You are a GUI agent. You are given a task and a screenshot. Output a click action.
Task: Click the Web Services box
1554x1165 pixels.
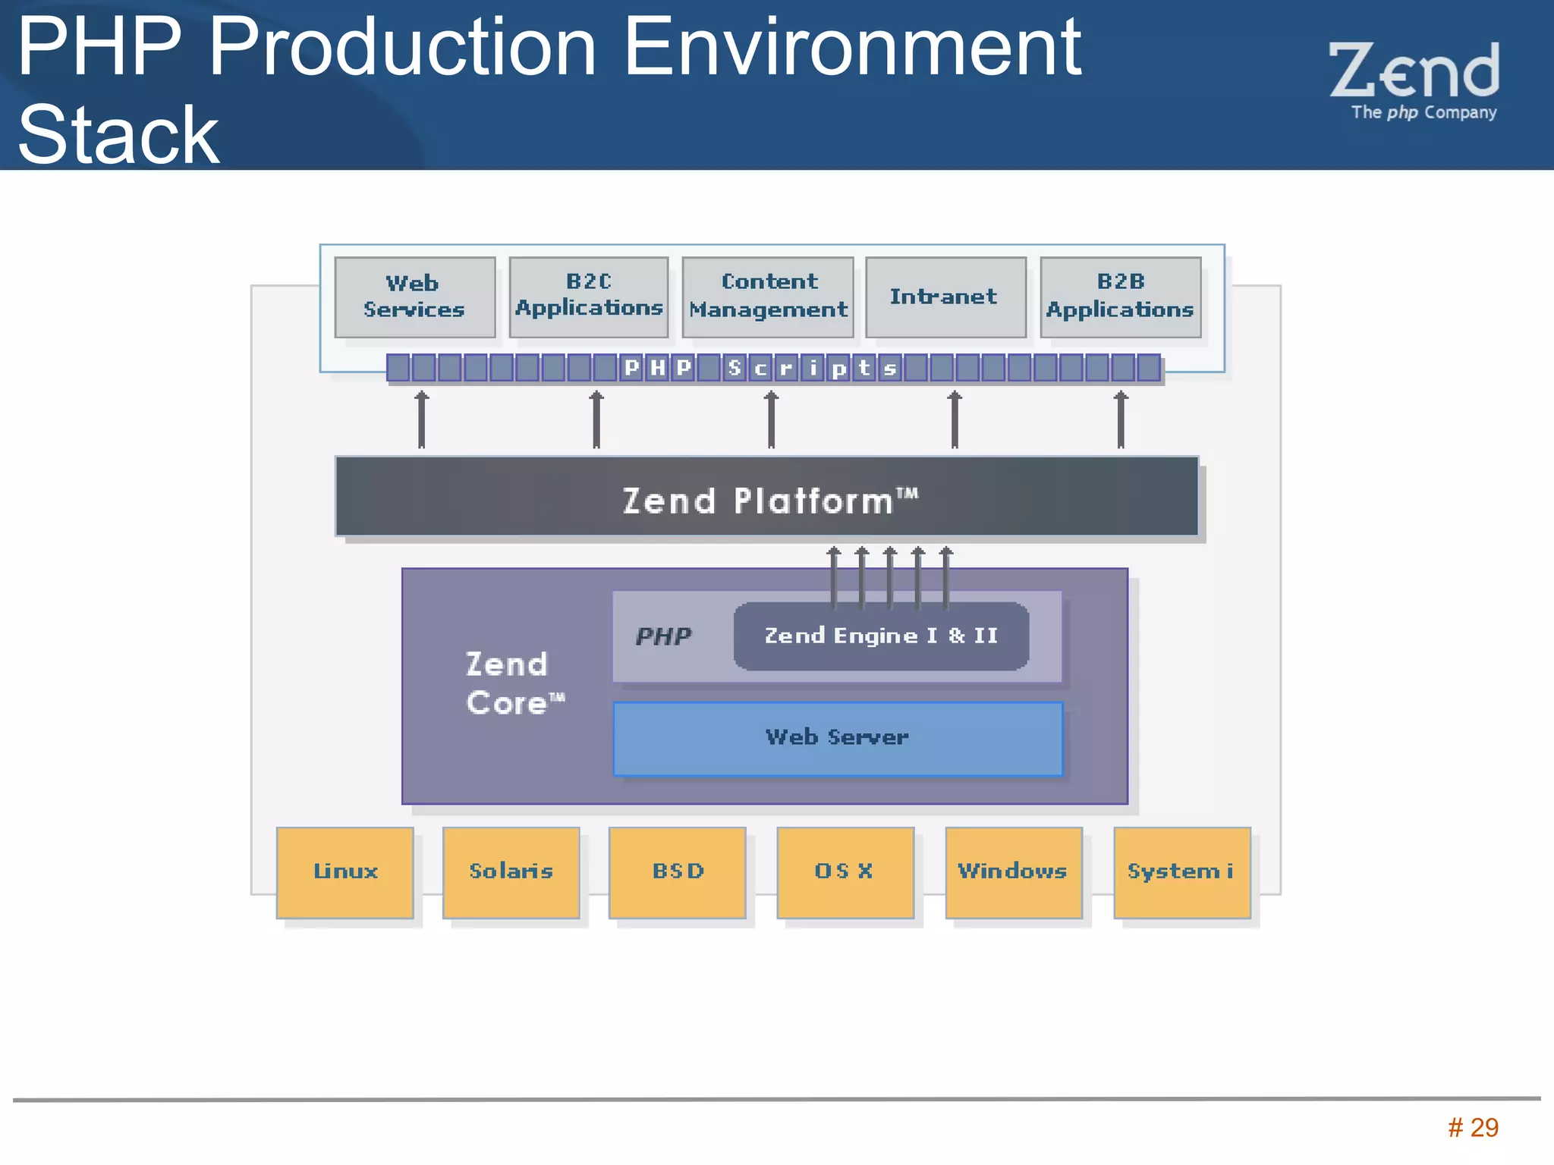414,297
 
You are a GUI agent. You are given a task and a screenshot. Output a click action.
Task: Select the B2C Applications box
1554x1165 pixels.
589,297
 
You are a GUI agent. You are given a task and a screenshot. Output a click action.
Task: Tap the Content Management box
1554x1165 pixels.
768,297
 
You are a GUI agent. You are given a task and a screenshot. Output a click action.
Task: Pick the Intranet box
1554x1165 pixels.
945,297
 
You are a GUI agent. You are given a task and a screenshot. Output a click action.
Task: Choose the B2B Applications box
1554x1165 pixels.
1120,297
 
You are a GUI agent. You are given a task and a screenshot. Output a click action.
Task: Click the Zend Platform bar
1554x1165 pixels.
766,498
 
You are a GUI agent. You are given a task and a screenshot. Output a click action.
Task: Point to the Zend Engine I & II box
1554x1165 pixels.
881,636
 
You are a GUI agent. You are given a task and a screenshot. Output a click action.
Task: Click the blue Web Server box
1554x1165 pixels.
838,738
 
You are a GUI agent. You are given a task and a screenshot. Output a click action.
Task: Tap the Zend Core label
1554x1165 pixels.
513,683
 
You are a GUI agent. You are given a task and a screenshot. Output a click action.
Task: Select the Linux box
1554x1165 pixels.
345,872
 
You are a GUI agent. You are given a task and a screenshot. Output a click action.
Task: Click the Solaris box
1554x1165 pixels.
511,872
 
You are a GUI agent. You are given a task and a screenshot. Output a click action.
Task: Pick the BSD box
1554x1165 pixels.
678,872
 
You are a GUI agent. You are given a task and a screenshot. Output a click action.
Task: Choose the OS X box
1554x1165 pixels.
845,872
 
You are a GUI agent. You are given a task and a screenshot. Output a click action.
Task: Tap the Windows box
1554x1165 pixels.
1014,872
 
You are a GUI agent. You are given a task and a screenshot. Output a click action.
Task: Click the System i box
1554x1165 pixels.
1181,872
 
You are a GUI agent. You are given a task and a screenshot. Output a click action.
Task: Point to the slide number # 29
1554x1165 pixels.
1473,1128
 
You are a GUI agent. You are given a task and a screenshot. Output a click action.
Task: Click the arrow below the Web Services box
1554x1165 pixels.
422,419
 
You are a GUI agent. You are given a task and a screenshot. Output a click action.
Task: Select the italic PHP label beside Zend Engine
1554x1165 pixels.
663,636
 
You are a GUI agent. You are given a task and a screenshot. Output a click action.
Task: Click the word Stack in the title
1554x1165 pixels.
118,135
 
